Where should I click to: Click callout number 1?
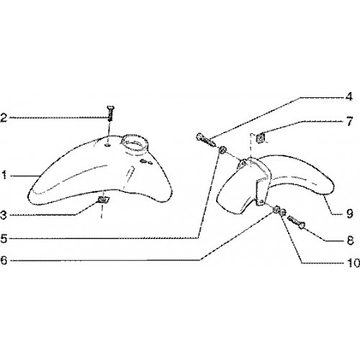point(4,175)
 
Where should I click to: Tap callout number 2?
point(4,118)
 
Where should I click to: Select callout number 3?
point(4,215)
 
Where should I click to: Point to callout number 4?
point(349,96)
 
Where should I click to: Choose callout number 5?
point(4,239)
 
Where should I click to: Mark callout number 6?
point(4,260)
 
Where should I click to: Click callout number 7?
point(350,122)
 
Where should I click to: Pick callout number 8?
point(351,240)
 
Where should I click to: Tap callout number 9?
point(350,213)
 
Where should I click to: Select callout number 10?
point(353,263)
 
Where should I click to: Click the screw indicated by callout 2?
point(110,114)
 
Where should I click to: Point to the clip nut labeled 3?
point(104,199)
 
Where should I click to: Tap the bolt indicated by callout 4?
point(205,140)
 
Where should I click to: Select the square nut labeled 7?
point(261,138)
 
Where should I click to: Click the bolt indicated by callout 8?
point(296,222)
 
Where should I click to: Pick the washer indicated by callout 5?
point(222,150)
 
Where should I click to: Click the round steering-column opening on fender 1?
point(135,143)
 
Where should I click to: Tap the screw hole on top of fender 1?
point(108,145)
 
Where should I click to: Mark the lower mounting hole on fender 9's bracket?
point(262,202)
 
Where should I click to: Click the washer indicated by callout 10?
point(283,212)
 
